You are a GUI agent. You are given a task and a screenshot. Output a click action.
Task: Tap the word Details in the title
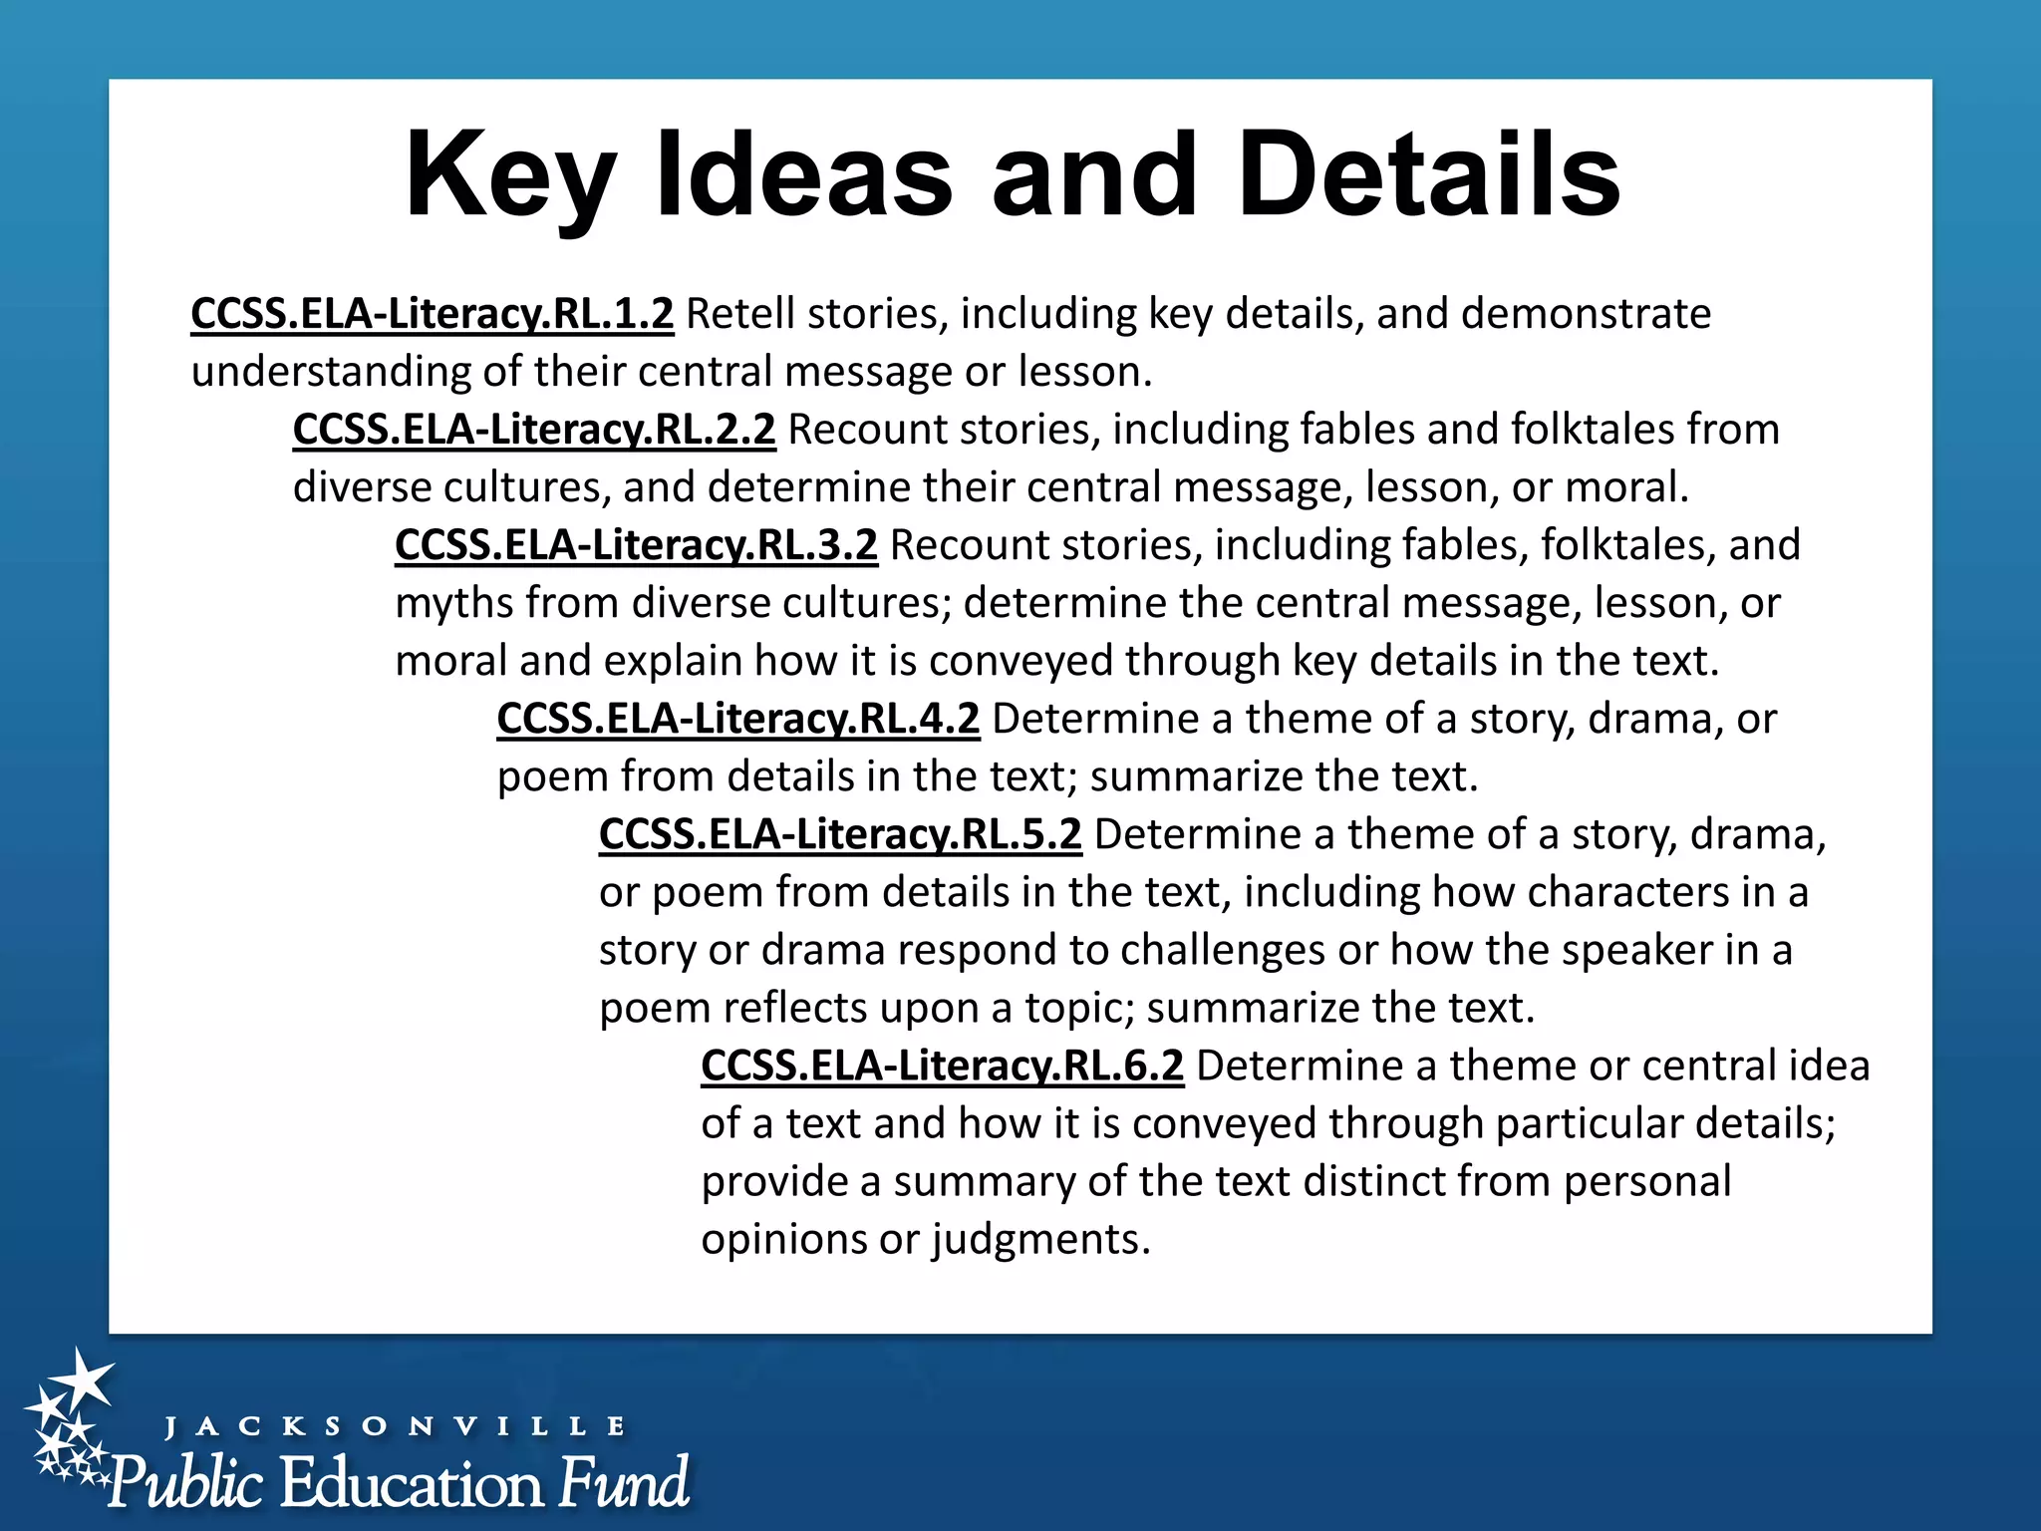(x=1429, y=175)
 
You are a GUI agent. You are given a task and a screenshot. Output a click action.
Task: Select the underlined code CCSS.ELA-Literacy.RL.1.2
(x=432, y=314)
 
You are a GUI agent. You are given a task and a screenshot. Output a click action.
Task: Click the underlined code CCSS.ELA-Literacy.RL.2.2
(x=534, y=430)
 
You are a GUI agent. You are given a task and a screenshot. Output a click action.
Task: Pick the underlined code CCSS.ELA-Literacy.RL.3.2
(x=636, y=545)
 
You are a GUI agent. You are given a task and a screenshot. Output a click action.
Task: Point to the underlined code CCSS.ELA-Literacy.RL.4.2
(x=737, y=719)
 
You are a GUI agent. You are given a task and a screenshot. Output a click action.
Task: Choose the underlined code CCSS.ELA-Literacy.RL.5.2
(x=840, y=834)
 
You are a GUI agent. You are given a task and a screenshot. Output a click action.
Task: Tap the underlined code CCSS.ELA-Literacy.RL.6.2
(x=942, y=1066)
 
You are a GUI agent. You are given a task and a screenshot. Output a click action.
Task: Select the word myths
(x=453, y=604)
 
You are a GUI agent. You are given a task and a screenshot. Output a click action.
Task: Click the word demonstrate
(x=1587, y=314)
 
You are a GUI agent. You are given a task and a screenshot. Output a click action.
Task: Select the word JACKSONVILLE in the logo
(x=395, y=1426)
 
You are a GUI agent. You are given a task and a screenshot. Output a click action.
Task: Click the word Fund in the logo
(x=623, y=1482)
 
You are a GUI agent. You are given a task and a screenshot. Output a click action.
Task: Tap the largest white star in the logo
(x=82, y=1380)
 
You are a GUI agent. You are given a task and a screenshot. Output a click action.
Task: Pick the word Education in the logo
(x=412, y=1483)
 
